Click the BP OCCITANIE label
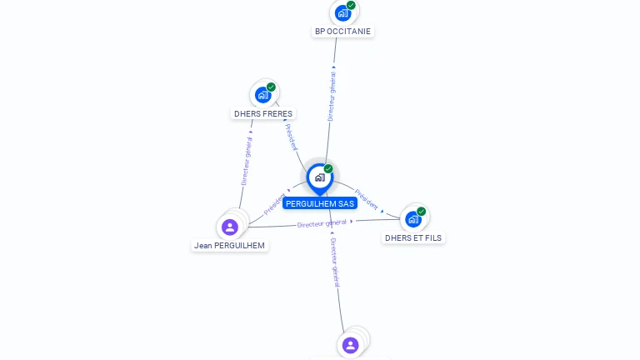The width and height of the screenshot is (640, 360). point(342,32)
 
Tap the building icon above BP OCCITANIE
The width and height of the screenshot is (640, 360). point(342,13)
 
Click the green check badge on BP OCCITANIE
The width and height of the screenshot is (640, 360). point(351,6)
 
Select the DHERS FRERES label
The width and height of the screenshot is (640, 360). point(263,113)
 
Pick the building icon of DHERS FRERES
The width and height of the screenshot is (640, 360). point(262,95)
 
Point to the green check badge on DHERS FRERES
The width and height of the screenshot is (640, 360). point(271,87)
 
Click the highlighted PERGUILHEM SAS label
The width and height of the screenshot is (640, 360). point(320,203)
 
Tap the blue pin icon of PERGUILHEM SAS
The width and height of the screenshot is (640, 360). point(319,177)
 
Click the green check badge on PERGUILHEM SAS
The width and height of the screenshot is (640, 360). point(328,169)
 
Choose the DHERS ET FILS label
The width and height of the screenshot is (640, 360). point(413,237)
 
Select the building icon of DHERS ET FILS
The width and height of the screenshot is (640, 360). point(412,219)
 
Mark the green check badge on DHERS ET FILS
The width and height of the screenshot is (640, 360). point(422,212)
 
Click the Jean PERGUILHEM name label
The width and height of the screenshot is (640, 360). point(229,246)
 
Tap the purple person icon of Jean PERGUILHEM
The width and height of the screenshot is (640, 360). point(230,227)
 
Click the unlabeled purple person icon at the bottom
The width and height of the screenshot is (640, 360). point(350,345)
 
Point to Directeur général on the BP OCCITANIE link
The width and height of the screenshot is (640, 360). point(332,96)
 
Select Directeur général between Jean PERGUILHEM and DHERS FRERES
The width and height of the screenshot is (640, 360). point(246,160)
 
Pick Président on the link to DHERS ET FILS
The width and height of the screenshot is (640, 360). point(367,198)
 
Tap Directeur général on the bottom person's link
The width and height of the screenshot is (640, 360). point(334,262)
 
